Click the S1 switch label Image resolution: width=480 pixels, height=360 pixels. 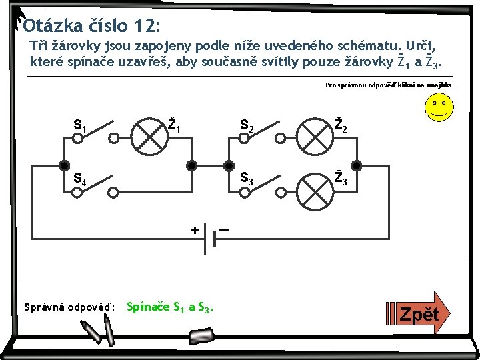[79, 125]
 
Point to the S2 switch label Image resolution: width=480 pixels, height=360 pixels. [246, 125]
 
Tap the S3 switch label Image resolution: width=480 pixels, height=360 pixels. [246, 178]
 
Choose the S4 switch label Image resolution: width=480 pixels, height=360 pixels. [79, 179]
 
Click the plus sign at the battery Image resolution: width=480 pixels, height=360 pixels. [195, 230]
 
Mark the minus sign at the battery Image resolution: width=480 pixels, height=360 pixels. [225, 229]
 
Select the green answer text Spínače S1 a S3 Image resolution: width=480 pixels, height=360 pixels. [169, 307]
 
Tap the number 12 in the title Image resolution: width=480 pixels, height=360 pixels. [143, 27]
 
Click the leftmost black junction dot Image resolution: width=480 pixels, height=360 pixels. [64, 165]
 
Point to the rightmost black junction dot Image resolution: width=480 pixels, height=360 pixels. [357, 165]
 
